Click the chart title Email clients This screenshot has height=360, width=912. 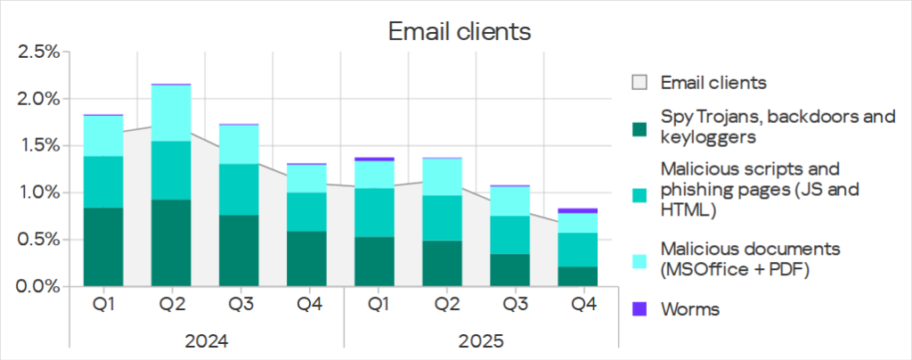(459, 32)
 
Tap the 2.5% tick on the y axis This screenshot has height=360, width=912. (38, 52)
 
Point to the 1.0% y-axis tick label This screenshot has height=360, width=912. (38, 192)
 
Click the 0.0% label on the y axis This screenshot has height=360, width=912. (38, 286)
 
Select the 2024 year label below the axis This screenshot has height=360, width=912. (206, 341)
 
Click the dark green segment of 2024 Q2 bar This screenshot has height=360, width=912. (171, 242)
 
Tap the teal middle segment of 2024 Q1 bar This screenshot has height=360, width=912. (103, 182)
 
